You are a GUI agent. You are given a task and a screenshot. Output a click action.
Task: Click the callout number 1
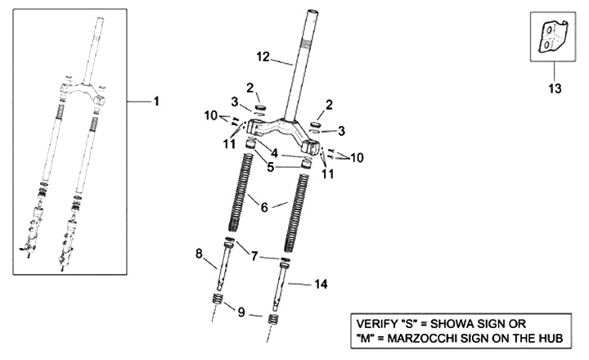coord(155,101)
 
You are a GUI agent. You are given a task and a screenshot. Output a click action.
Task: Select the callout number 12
coord(263,57)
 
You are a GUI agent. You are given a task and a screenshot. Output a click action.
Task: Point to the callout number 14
coord(321,285)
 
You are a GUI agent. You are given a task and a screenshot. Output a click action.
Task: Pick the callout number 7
coord(255,257)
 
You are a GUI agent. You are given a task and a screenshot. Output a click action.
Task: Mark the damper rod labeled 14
coord(284,282)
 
